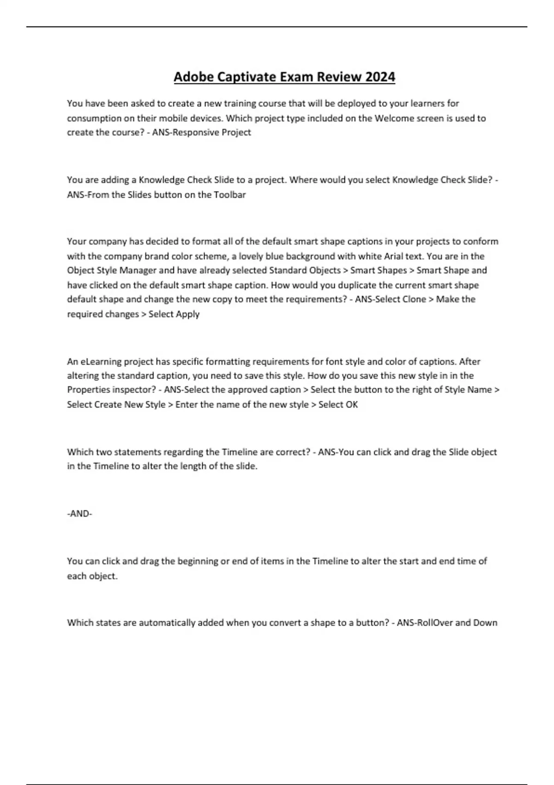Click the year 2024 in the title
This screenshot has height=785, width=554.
(x=380, y=77)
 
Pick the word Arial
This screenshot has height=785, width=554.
(x=393, y=256)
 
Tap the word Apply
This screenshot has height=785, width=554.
(x=187, y=314)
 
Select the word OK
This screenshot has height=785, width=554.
(x=351, y=405)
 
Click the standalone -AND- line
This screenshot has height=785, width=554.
(x=80, y=513)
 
